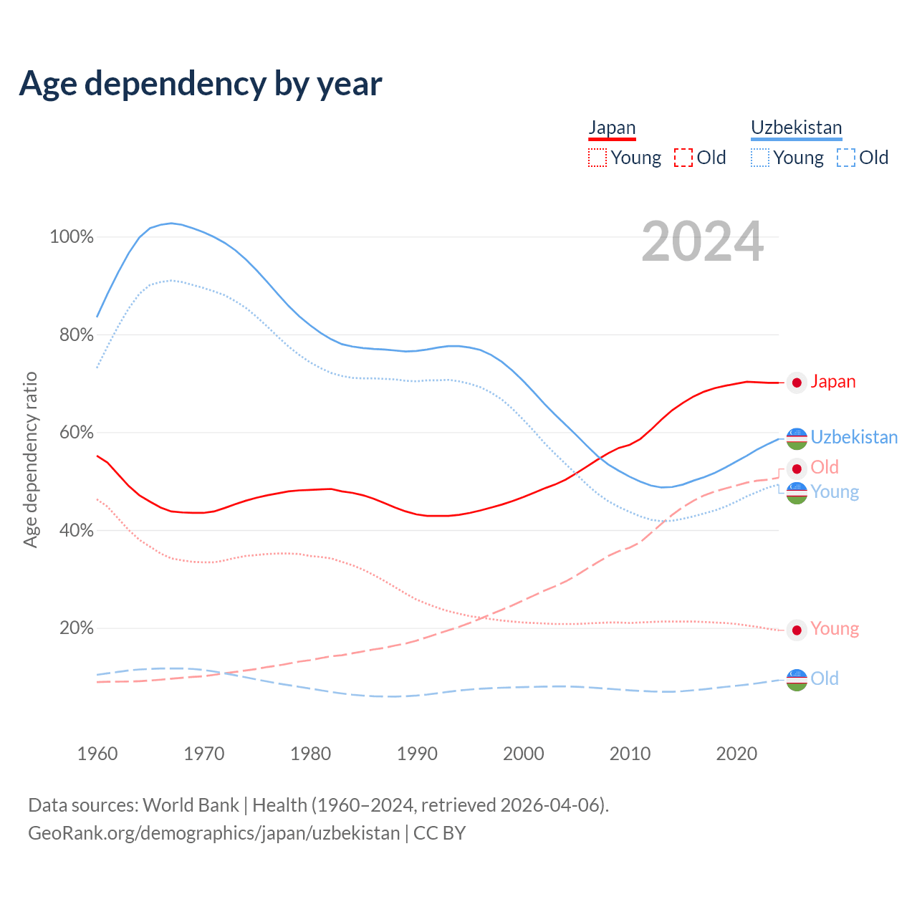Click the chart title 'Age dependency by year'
201,84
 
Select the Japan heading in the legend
612,128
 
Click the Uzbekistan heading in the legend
796,128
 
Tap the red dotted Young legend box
597,158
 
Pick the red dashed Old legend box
683,158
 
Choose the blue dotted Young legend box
760,158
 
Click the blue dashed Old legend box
846,158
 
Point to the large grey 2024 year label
702,241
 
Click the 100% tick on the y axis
72,237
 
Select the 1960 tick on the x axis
97,754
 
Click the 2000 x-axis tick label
524,754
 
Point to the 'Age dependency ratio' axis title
30,459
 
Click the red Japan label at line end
832,382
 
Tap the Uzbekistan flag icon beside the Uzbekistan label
797,438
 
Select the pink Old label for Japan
824,468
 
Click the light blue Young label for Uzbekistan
835,492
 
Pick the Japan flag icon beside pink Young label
797,630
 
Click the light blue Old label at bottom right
824,678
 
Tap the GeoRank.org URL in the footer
213,833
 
